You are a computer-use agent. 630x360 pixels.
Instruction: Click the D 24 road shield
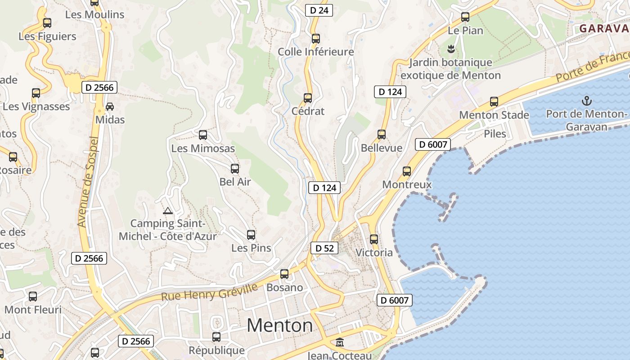[319, 10]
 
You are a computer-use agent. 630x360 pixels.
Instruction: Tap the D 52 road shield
[324, 248]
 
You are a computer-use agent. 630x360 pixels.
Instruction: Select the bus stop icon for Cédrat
[308, 98]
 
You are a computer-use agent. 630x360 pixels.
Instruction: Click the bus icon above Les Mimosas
[203, 135]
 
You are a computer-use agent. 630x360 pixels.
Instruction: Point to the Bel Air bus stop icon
[235, 169]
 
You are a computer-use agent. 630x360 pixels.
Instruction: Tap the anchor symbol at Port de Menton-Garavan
[587, 100]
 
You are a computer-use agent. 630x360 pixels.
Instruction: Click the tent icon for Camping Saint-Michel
[168, 210]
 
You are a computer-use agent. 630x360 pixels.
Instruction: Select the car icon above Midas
[110, 107]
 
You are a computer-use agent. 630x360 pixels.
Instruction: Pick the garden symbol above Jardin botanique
[450, 49]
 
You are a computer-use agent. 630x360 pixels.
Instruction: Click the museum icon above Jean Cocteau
[340, 343]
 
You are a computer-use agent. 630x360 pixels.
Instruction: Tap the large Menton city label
[279, 325]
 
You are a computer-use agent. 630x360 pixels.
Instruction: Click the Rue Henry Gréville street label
[210, 292]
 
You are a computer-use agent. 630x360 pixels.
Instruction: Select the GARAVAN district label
[604, 28]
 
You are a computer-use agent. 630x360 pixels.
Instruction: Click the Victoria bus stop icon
[374, 239]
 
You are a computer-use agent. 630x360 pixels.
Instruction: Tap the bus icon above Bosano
[284, 274]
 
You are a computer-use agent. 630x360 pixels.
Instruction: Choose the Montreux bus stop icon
[407, 171]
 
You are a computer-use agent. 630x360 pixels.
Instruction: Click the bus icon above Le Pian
[465, 17]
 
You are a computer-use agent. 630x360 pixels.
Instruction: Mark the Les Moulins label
[94, 14]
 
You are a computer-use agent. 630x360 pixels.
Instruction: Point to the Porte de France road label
[592, 67]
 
